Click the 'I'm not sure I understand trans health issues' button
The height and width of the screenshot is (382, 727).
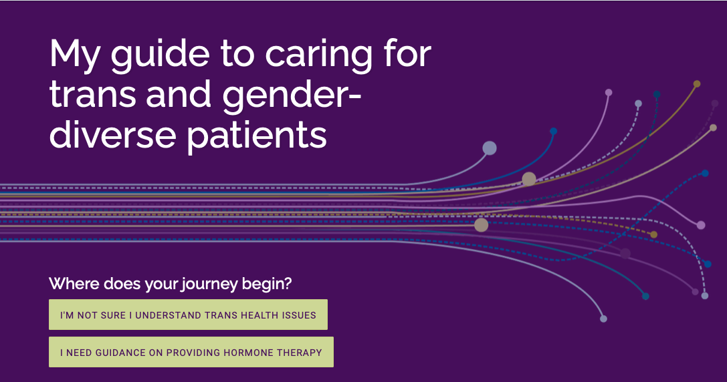(188, 315)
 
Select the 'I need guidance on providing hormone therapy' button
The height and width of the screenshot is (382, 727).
(191, 352)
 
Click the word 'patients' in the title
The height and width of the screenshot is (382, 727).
(257, 136)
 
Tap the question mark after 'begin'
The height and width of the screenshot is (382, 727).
(287, 284)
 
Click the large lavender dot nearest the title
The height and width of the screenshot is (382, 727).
(490, 148)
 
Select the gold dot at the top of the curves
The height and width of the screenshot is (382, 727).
(697, 84)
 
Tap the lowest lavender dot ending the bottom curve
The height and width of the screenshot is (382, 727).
(603, 319)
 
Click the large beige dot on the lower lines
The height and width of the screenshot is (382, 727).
(481, 225)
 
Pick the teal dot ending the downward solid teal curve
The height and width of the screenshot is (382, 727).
(645, 296)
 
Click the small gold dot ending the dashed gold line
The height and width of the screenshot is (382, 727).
(653, 234)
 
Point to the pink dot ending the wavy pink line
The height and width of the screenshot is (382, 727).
(701, 225)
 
